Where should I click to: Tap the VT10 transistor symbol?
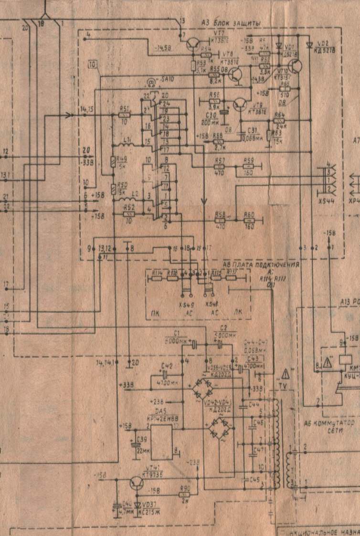[295, 66]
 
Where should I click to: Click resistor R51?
[125, 115]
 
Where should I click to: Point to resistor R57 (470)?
[220, 166]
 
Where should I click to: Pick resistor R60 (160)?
[249, 221]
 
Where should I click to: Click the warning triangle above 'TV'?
[286, 374]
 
